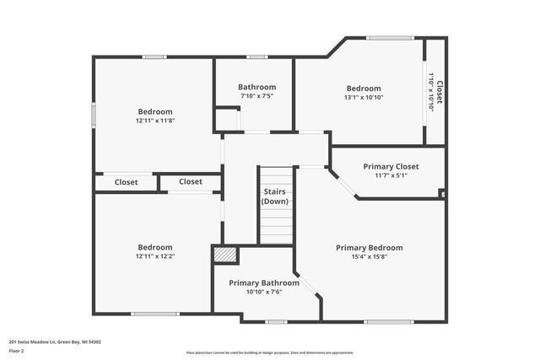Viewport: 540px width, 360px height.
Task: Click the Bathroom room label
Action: tap(256, 87)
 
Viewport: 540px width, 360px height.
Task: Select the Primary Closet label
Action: tap(391, 166)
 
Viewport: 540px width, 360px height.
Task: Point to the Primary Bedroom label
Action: tap(369, 248)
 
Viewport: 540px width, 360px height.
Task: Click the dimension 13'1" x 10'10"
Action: tap(364, 98)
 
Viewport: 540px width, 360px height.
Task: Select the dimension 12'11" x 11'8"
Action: tap(155, 121)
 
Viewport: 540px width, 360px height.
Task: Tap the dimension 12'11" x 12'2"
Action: tap(155, 256)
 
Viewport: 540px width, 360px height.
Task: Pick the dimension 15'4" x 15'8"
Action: tap(369, 257)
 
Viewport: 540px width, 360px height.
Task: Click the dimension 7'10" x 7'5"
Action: tap(256, 96)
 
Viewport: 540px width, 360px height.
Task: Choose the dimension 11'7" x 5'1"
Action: tap(391, 175)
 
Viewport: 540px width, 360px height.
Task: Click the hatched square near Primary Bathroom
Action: tap(224, 255)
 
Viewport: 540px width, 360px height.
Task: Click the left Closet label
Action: tap(126, 181)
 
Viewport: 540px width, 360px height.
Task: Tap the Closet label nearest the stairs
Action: tap(190, 181)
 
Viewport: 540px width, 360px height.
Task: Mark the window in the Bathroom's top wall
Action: tap(257, 56)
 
